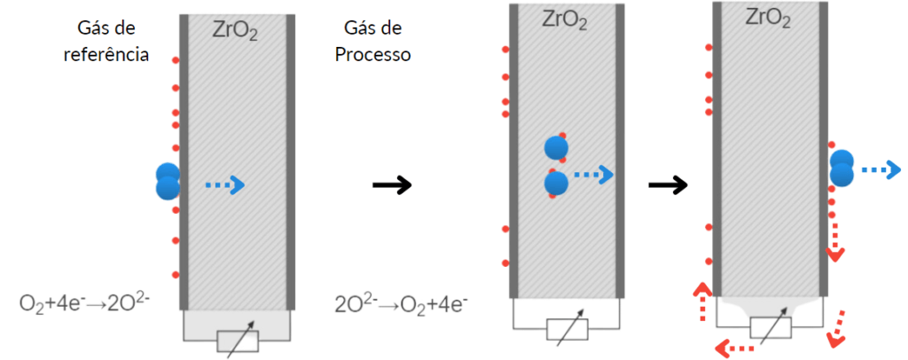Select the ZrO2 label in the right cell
768,18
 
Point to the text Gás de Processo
371,42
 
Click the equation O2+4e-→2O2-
86,302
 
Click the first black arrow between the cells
391,184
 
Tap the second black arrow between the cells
668,184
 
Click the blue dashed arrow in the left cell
223,184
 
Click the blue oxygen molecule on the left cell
167,181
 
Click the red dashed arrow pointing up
701,301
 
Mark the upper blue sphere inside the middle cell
556,148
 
